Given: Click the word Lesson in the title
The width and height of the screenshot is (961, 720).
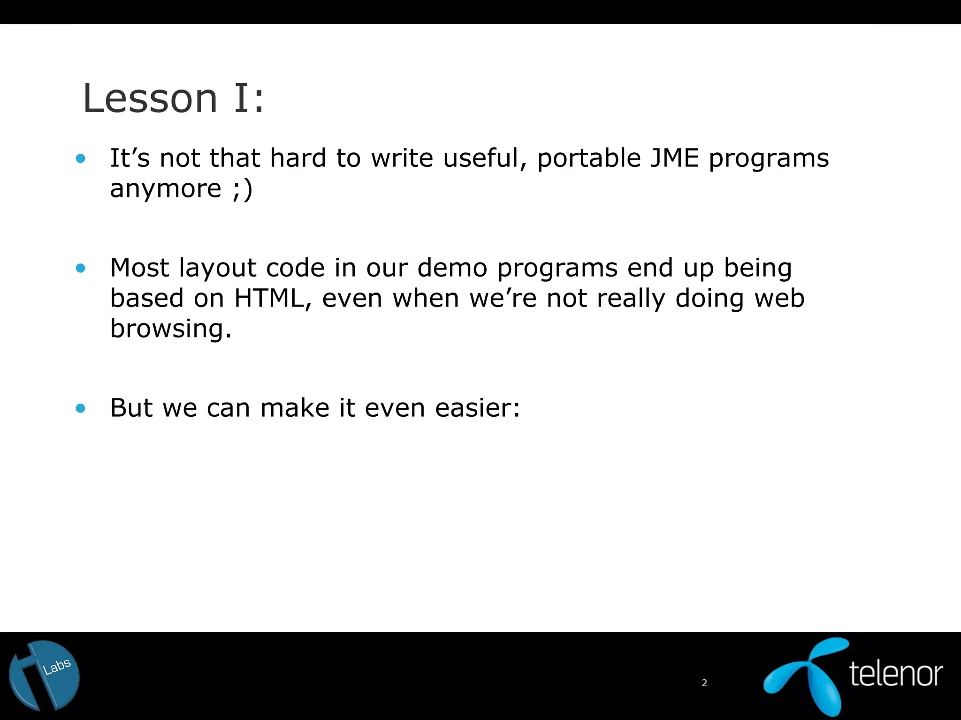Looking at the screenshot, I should [x=150, y=98].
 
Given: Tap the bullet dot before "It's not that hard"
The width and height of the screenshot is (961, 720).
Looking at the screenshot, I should [x=81, y=158].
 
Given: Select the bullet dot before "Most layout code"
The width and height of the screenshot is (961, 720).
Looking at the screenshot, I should [x=81, y=268].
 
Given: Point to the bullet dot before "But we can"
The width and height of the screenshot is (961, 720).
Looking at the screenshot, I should [x=81, y=408].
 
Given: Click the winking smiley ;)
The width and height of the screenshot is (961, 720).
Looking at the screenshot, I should [x=243, y=189].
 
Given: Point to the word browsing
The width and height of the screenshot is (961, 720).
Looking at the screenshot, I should [x=170, y=329].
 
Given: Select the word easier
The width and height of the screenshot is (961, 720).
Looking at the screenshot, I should [x=477, y=408].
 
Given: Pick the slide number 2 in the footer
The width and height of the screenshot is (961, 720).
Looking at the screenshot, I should [x=704, y=683].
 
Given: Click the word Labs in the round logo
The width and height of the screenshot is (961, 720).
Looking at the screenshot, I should [x=57, y=666].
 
